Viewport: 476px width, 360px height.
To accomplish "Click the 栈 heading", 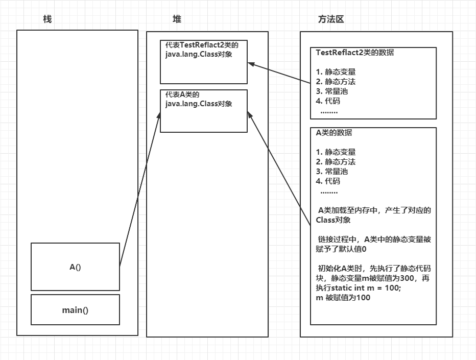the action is pyautogui.click(x=47, y=19).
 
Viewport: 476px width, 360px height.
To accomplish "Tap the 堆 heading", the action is pyautogui.click(x=177, y=19).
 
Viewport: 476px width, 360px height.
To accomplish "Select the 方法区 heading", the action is pyautogui.click(x=331, y=19).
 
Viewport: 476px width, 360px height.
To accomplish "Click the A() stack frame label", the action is pyautogui.click(x=75, y=267).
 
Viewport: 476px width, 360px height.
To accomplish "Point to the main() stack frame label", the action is pyautogui.click(x=75, y=310).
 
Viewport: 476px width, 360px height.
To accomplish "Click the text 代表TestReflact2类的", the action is pyautogui.click(x=202, y=45).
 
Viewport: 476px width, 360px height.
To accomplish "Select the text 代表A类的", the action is pyautogui.click(x=182, y=94).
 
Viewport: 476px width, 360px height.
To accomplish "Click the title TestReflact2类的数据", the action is pyautogui.click(x=355, y=53).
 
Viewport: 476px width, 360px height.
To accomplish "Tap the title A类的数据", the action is pyautogui.click(x=334, y=133).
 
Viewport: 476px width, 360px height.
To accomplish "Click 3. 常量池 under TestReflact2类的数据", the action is pyautogui.click(x=332, y=91).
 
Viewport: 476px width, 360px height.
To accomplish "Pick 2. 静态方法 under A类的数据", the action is pyautogui.click(x=336, y=162).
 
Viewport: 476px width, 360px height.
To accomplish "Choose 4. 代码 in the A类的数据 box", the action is pyautogui.click(x=328, y=181).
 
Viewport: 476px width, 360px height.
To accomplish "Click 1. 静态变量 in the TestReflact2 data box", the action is pyautogui.click(x=336, y=72).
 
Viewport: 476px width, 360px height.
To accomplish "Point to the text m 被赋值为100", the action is pyautogui.click(x=343, y=298).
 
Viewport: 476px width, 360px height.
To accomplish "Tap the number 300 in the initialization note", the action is pyautogui.click(x=407, y=278).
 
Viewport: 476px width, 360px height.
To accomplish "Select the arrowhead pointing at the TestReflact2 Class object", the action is pyautogui.click(x=251, y=64).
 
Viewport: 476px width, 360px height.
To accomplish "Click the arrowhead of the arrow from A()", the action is pyautogui.click(x=159, y=115).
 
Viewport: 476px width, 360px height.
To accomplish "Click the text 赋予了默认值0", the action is pyautogui.click(x=341, y=249).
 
